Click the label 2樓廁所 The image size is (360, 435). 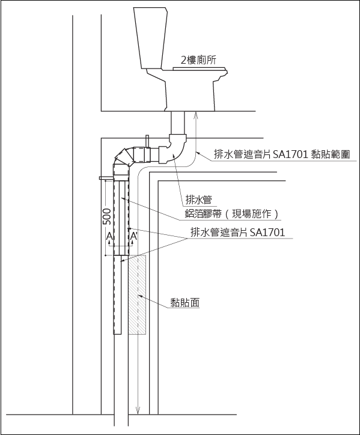(x=198, y=60)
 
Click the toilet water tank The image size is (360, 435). (x=150, y=38)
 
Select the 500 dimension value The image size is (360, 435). (x=106, y=216)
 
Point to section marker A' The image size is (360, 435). (x=134, y=236)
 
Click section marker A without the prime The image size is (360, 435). (x=109, y=236)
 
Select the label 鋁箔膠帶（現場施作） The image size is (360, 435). (x=232, y=214)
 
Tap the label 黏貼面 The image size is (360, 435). (x=185, y=302)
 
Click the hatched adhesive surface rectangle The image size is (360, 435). (x=137, y=294)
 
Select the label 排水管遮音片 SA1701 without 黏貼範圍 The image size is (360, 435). (x=238, y=232)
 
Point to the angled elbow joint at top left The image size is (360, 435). (x=124, y=159)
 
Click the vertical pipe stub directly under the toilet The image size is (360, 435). (x=178, y=123)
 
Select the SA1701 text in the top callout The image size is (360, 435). (x=290, y=154)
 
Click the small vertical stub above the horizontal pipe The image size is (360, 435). (x=147, y=141)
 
